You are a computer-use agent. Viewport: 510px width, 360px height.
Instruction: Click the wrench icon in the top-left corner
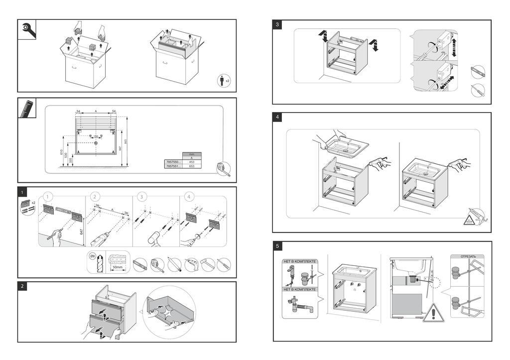click(x=27, y=29)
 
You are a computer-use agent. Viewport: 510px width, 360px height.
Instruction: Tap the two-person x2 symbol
click(x=225, y=81)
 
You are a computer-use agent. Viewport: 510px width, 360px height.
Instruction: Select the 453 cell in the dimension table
click(x=192, y=162)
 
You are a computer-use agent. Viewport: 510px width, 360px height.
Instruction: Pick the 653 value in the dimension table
click(x=192, y=167)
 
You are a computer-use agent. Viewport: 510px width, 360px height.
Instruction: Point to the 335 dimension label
click(x=71, y=161)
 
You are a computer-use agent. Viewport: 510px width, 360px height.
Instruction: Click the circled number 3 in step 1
click(x=142, y=197)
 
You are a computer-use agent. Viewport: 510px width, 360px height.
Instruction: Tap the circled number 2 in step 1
click(x=95, y=197)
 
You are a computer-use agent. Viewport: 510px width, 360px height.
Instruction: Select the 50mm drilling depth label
click(x=118, y=267)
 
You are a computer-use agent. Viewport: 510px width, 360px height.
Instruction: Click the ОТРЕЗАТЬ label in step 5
click(x=468, y=256)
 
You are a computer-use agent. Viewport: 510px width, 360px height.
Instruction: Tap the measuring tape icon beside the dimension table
click(x=224, y=169)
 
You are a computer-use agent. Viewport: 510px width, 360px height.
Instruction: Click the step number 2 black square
click(x=23, y=286)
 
